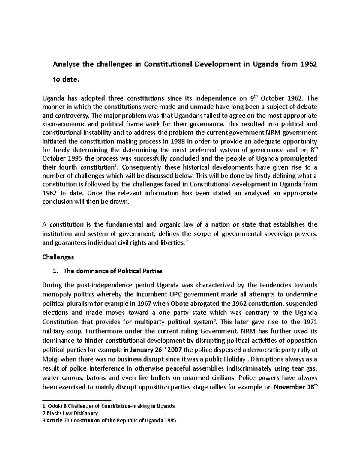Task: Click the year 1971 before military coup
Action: [x=310, y=322]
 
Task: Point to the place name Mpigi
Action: [x=51, y=359]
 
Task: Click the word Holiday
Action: [x=235, y=359]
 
